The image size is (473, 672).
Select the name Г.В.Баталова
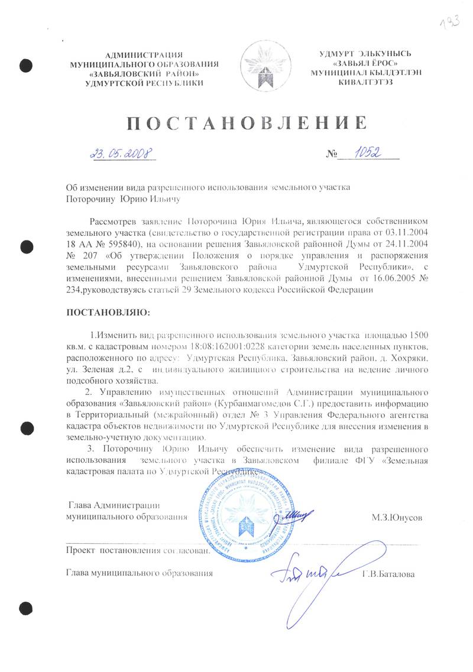click(388, 574)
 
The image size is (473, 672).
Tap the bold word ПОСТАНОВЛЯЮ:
click(108, 311)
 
